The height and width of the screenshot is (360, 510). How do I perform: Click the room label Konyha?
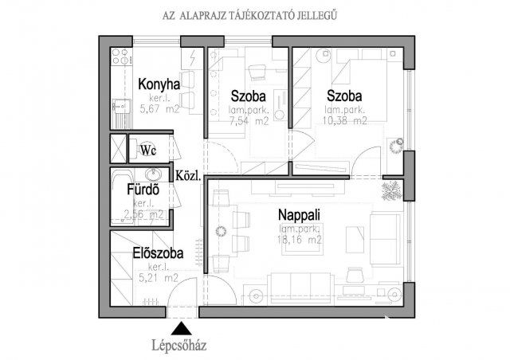pos(159,85)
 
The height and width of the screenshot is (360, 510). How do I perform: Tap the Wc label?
pos(148,150)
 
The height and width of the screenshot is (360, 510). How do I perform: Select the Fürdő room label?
pos(145,190)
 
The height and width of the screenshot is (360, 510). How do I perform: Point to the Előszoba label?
pos(159,254)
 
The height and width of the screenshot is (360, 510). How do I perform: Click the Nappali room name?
pos(300,215)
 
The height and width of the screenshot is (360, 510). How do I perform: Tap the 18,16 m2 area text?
pos(299,238)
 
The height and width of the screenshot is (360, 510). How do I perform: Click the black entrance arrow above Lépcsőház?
pos(182,327)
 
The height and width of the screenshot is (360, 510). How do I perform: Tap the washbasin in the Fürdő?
pos(155,175)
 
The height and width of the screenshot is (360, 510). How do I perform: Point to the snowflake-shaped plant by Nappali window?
pos(392,190)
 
